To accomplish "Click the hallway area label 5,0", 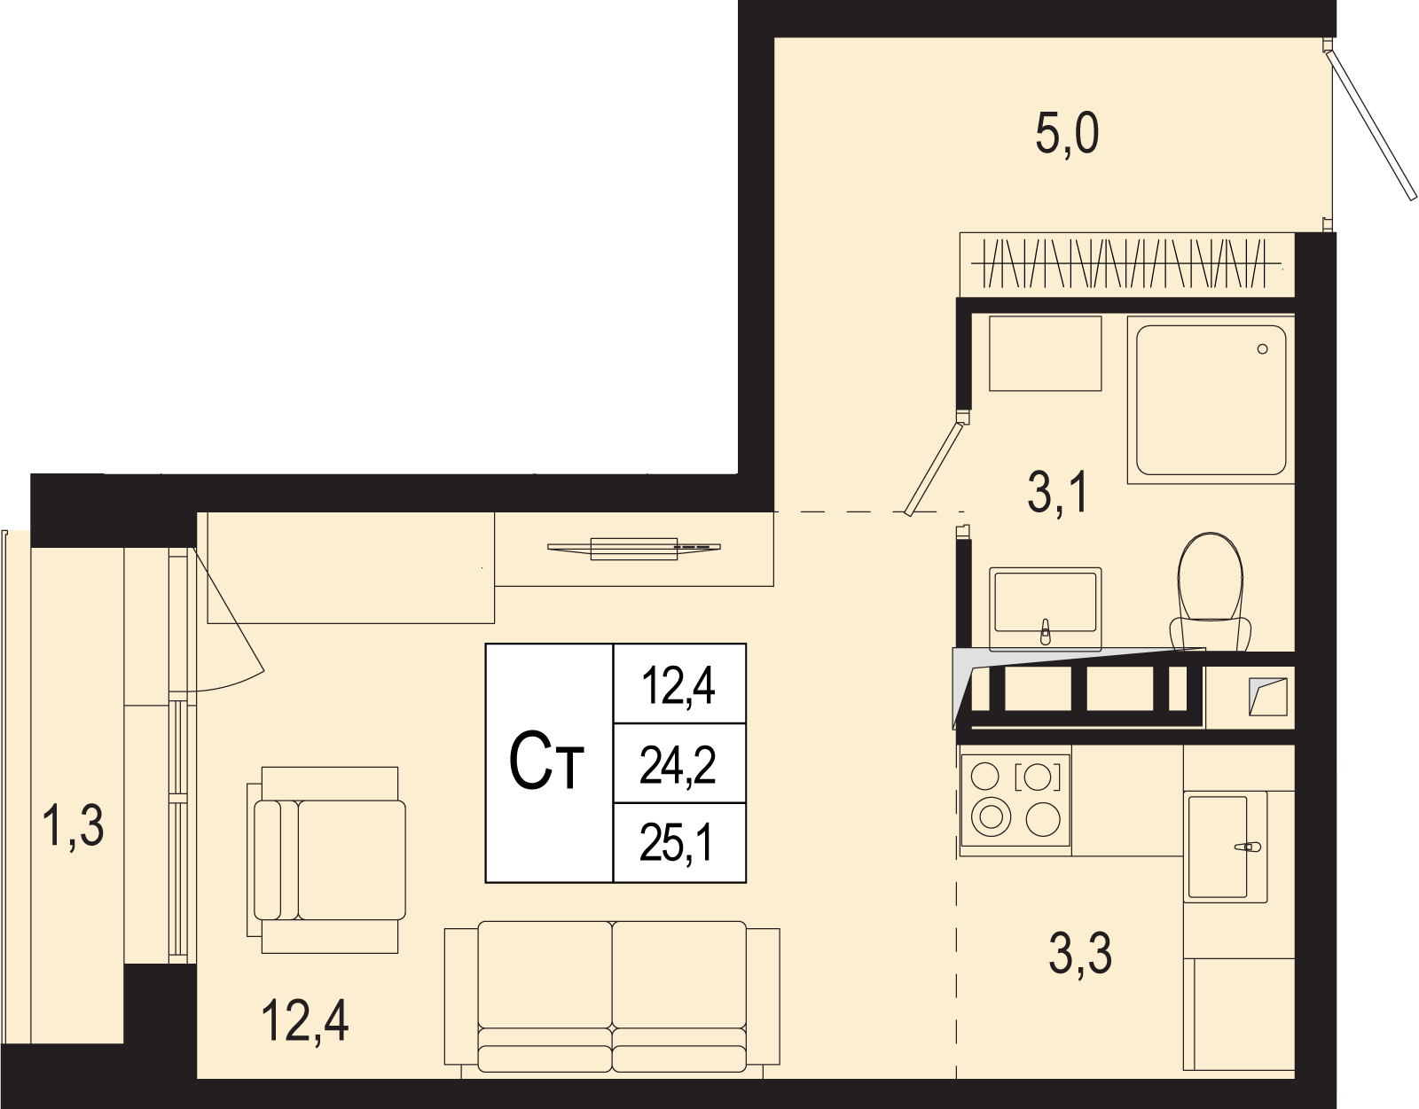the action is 1066,133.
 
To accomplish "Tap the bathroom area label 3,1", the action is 1058,494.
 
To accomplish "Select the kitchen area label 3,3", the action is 1080,953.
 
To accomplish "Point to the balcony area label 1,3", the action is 73,825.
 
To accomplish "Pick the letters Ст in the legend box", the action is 546,763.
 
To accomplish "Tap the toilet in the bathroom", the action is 1210,592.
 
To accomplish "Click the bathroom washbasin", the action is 1045,608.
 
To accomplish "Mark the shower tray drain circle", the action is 1262,349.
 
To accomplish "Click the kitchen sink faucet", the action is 1247,847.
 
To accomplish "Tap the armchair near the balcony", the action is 325,860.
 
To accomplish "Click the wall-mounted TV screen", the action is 633,549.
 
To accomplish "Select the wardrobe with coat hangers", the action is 1127,264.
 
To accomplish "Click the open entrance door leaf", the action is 1371,124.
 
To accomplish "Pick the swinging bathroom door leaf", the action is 934,469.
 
